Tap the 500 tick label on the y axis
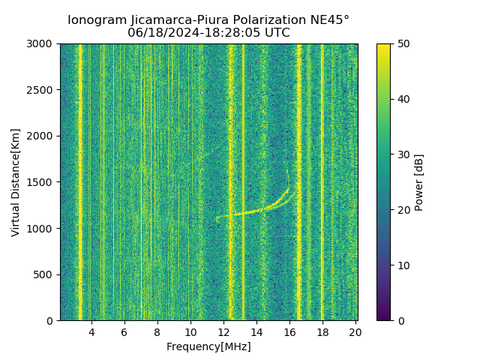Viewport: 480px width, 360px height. tap(46, 274)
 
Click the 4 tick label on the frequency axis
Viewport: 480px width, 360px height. tap(91, 332)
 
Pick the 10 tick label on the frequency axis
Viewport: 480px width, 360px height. tap(190, 332)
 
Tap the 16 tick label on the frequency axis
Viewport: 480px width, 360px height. tap(289, 332)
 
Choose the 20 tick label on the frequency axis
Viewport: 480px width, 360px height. tap(355, 332)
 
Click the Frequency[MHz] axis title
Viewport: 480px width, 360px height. tap(208, 346)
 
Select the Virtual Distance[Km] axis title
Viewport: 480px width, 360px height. tap(16, 182)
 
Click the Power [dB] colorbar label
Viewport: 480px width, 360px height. tap(419, 182)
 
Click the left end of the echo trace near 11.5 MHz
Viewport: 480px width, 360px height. tap(217, 218)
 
